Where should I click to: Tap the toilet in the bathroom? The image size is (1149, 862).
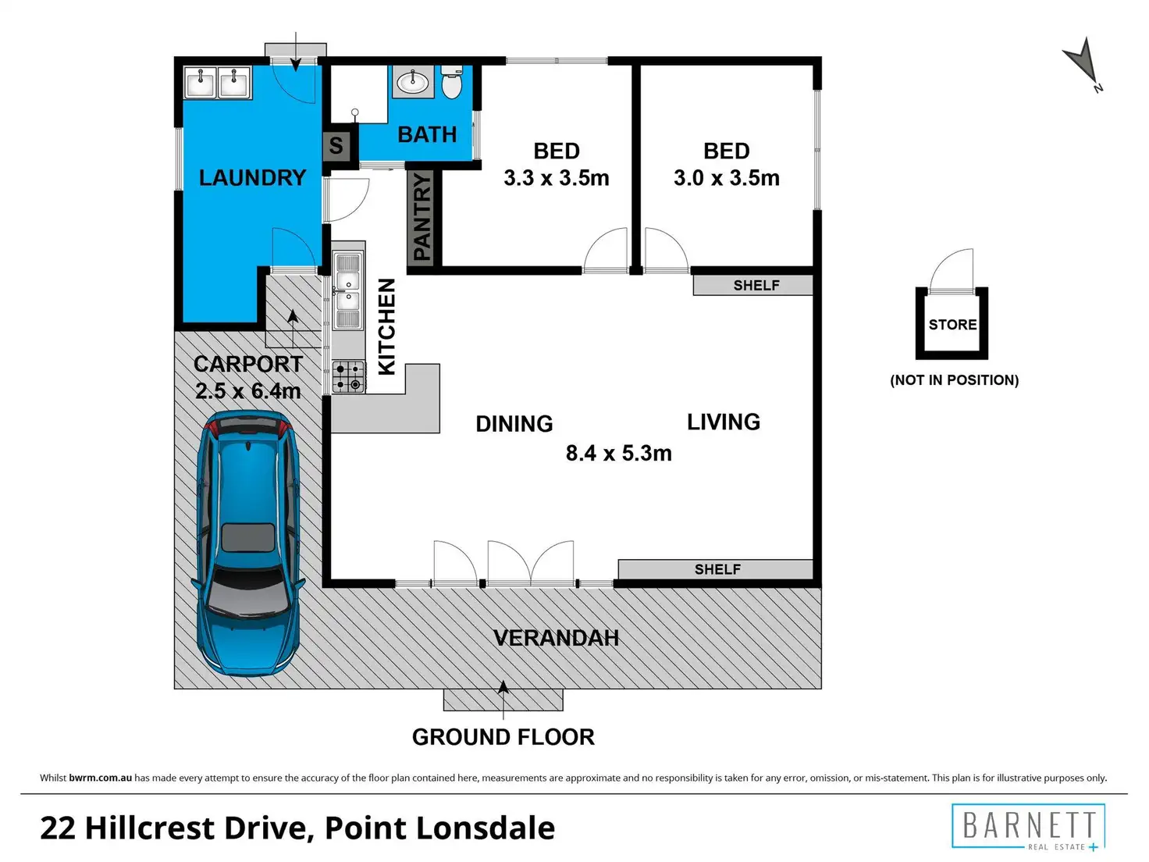452,82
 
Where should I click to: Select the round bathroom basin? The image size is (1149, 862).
413,82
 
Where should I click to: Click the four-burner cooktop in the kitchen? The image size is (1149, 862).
348,377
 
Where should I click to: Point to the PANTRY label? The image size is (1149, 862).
422,217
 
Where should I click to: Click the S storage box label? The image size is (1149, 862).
336,145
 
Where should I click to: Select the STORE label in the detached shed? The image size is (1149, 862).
952,325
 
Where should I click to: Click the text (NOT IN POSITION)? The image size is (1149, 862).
955,380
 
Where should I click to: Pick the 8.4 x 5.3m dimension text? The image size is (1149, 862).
619,453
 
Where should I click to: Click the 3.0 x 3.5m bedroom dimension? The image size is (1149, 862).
727,178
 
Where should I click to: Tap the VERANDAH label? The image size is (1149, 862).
556,638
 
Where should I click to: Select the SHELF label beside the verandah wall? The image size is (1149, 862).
717,569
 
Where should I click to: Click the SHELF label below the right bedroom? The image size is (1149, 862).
756,285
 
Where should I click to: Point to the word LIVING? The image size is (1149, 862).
724,422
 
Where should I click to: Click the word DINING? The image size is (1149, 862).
514,424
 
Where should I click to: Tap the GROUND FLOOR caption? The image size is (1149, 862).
503,737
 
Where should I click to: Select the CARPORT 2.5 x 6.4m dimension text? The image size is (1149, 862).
248,377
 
